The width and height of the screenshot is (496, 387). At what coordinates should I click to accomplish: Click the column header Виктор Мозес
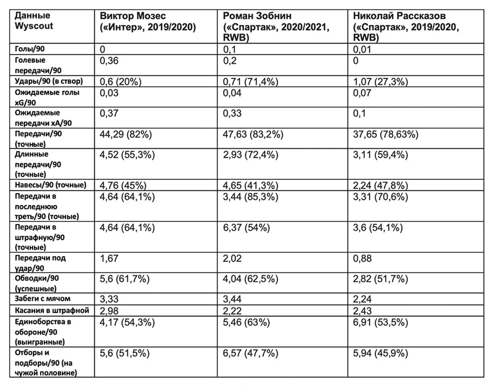pyautogui.click(x=133, y=16)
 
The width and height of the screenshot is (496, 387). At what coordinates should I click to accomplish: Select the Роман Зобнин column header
pyautogui.click(x=257, y=16)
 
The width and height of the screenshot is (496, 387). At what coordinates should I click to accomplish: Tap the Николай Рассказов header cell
pyautogui.click(x=399, y=16)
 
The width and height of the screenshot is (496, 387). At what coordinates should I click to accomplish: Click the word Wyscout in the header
pyautogui.click(x=34, y=26)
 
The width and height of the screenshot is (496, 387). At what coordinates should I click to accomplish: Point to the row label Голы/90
pyautogui.click(x=30, y=49)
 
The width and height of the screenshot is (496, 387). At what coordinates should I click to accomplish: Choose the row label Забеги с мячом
pyautogui.click(x=43, y=299)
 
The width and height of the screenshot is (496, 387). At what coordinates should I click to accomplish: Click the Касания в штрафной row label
pyautogui.click(x=52, y=311)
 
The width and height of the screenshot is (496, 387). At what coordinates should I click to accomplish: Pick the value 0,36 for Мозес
pyautogui.click(x=109, y=61)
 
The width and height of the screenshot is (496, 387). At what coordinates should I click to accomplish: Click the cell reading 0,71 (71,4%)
pyautogui.click(x=250, y=82)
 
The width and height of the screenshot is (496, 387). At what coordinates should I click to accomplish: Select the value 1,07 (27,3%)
pyautogui.click(x=380, y=82)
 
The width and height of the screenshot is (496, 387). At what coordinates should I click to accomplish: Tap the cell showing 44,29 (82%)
pyautogui.click(x=126, y=135)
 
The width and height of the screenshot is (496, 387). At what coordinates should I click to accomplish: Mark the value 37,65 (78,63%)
pyautogui.click(x=386, y=135)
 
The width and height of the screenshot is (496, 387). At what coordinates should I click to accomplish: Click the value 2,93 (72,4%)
pyautogui.click(x=250, y=155)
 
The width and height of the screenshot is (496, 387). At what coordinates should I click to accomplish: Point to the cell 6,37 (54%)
pyautogui.click(x=246, y=228)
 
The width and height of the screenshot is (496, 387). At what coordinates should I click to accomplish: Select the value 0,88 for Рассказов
pyautogui.click(x=362, y=259)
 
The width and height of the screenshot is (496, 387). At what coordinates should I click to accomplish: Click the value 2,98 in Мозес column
pyautogui.click(x=109, y=311)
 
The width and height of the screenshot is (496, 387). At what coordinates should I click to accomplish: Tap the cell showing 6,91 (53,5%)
pyautogui.click(x=380, y=322)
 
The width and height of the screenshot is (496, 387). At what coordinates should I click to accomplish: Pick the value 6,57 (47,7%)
pyautogui.click(x=250, y=353)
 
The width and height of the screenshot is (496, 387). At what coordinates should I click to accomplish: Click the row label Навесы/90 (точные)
pyautogui.click(x=51, y=185)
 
